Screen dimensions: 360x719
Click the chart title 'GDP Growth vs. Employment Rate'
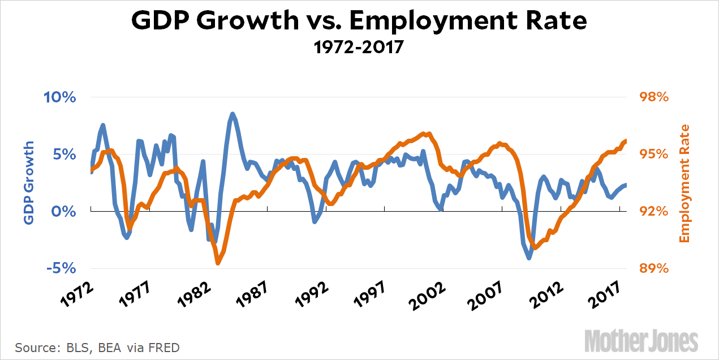point(359,22)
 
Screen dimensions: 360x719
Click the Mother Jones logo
point(641,341)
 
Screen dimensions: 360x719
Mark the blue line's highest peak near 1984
point(232,114)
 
